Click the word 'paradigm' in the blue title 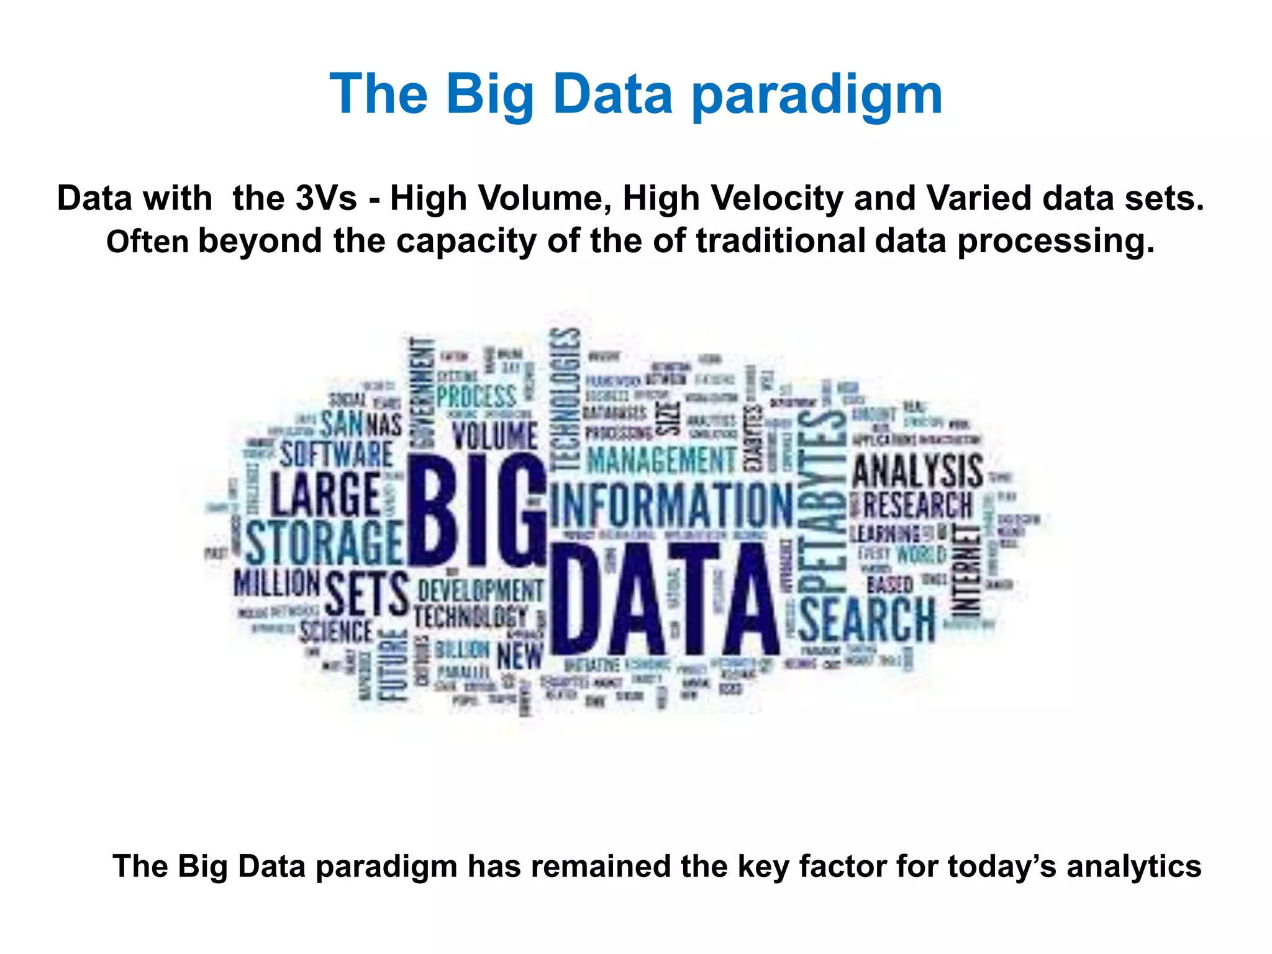click(x=817, y=95)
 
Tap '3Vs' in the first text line click(x=326, y=199)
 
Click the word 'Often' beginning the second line click(x=147, y=242)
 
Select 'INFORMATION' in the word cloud click(x=671, y=504)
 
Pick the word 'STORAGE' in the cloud click(x=324, y=542)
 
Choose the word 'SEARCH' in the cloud click(x=866, y=619)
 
